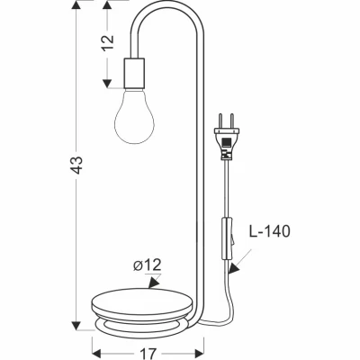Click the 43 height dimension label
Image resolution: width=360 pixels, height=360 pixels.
pos(77,165)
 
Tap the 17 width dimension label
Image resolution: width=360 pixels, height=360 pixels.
pos(148,354)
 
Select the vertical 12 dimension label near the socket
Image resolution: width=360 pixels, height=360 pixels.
pos(109,42)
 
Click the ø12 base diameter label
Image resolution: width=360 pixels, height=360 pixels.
pos(147,265)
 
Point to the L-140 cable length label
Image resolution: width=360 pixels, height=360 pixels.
pos(270,231)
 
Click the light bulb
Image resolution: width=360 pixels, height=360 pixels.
pos(134,116)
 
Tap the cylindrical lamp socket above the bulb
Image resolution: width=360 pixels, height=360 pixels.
pos(134,73)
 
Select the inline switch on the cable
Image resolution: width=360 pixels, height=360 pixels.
pos(228,238)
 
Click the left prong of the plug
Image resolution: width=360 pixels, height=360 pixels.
pos(220,121)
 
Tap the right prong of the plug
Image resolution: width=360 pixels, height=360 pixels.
pos(231,121)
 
